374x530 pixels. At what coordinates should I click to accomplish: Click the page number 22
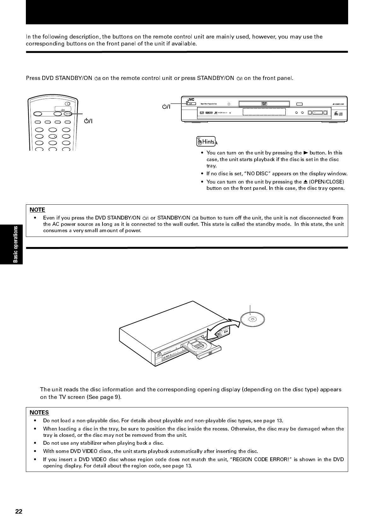click(19, 511)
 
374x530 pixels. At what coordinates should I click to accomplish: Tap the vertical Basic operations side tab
click(15, 244)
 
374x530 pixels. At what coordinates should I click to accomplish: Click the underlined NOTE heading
click(37, 210)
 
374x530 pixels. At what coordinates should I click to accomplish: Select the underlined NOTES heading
click(39, 413)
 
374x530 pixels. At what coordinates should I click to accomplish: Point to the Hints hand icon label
click(206, 142)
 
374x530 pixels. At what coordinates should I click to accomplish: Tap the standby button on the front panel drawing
click(191, 104)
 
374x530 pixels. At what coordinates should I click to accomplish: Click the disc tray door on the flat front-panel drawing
click(264, 104)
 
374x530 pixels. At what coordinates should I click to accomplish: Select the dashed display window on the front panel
click(264, 112)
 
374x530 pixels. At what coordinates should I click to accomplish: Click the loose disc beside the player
click(252, 319)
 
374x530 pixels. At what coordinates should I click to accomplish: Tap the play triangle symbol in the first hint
click(305, 153)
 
